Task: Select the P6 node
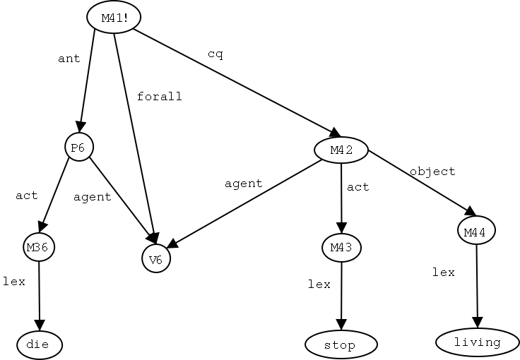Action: click(78, 148)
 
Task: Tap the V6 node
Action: click(156, 258)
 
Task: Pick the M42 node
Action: click(341, 150)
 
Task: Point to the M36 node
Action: click(39, 247)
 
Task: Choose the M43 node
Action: click(341, 247)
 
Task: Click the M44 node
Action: click(475, 231)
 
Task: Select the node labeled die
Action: click(40, 344)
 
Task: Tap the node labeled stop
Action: click(341, 344)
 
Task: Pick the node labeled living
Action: click(478, 342)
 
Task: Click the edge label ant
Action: click(69, 59)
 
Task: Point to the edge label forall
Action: click(160, 96)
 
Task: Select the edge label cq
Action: click(215, 54)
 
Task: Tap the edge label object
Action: click(432, 171)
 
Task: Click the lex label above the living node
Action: click(444, 272)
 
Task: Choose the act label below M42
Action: click(358, 187)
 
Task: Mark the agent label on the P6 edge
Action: click(93, 197)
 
